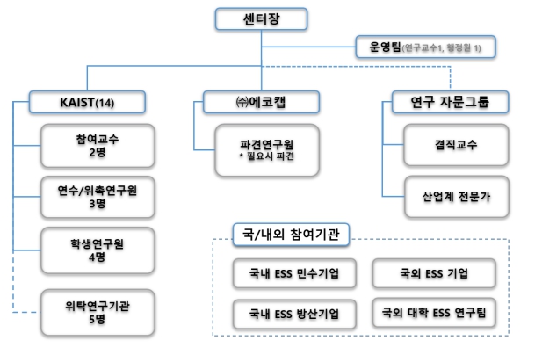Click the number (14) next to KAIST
[x=106, y=103]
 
